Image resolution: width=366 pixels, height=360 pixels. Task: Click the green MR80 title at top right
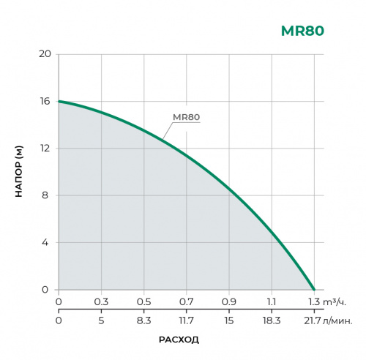point(302,31)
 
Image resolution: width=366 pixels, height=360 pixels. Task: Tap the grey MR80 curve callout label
point(186,117)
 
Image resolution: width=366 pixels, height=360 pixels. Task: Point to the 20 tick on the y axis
point(45,54)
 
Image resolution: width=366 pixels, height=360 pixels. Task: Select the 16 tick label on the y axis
point(45,101)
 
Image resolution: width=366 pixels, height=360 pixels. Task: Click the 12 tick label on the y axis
point(45,149)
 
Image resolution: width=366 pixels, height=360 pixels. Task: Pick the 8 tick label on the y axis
point(46,195)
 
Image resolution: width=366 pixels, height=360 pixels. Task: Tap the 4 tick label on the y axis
point(46,242)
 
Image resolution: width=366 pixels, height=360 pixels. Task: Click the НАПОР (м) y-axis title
point(20,172)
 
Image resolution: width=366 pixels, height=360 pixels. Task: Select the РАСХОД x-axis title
point(179,340)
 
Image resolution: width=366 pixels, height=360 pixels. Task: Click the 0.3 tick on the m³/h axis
point(101,301)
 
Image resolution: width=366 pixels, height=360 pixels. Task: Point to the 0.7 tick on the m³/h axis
point(186,301)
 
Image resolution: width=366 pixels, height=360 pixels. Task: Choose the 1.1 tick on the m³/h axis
point(272,301)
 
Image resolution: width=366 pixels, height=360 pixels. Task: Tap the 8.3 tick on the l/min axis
point(143,320)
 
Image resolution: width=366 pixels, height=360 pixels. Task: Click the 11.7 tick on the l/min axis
point(186,320)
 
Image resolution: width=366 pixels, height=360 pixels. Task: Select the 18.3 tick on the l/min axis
point(272,320)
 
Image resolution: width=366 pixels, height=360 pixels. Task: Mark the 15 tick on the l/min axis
point(229,320)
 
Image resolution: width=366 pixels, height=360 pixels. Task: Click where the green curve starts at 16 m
point(59,101)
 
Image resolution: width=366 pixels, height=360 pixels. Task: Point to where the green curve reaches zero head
point(314,289)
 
